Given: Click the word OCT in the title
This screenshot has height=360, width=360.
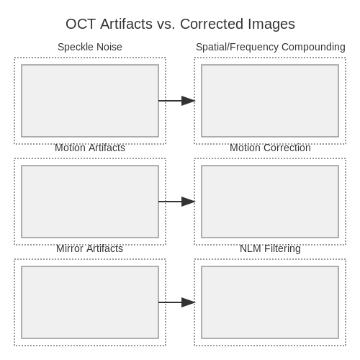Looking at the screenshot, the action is (81, 24).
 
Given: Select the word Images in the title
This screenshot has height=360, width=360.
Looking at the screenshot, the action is (271, 24).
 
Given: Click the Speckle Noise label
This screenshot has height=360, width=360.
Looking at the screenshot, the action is (90, 47).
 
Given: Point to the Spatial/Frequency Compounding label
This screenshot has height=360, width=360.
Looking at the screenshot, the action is (271, 48).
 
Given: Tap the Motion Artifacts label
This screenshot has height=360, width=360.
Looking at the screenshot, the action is (90, 148).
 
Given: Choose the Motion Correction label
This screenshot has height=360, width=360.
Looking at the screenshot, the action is (270, 148).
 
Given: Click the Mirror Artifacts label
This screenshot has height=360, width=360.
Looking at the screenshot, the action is (89, 248).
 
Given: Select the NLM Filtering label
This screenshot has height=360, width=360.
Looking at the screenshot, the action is (270, 249).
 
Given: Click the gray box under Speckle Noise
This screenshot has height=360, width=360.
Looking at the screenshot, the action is (90, 101).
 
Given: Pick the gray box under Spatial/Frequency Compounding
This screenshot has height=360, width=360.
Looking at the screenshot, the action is (270, 101).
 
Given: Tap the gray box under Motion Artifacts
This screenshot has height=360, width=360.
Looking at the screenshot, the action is (90, 202).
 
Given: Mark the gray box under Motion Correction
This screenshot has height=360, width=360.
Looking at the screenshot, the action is (270, 202).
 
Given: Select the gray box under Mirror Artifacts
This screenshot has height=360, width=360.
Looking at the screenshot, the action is (90, 302).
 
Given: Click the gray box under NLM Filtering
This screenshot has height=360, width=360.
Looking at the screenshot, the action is (270, 302).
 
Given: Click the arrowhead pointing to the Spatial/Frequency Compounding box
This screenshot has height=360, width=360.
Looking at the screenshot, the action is (188, 101).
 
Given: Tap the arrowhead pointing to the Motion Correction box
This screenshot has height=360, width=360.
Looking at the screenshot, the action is (188, 202).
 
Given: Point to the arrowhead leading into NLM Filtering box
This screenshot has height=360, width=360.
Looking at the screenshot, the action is (188, 302).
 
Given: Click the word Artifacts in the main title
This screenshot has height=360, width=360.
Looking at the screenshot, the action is (126, 24).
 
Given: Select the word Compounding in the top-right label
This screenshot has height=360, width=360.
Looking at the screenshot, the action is (313, 48).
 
